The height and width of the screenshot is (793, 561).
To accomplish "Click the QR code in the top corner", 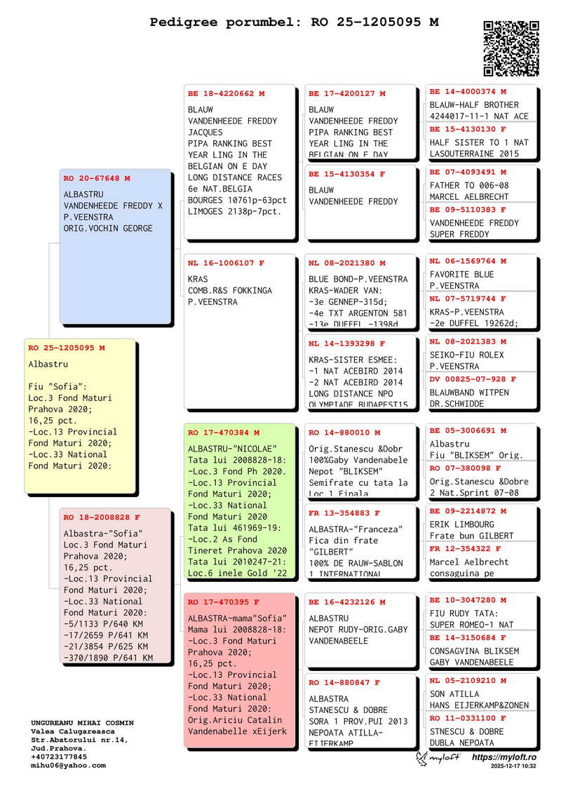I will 511,48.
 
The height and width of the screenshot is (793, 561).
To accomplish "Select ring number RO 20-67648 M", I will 97,179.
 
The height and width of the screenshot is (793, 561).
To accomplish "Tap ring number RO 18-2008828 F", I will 97,517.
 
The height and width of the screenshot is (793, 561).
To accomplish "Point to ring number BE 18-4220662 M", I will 227,93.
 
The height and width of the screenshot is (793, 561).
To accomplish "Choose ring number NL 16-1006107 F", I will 227,264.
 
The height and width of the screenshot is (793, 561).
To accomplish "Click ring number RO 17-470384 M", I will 224,433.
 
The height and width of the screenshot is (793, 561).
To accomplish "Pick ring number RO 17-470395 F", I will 224,602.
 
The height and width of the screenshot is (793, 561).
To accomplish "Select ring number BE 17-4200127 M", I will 347,93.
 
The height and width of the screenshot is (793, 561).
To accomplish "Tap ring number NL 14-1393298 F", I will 347,344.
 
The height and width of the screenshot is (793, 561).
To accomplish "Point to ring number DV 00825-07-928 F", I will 473,379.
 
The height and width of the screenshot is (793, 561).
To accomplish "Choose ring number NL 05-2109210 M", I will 468,681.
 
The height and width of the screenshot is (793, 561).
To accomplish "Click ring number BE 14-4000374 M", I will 468,92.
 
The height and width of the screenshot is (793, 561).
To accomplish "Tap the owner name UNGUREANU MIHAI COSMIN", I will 82,723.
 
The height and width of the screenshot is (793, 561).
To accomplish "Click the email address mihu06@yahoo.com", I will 68,766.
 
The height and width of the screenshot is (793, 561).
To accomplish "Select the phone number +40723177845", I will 59,757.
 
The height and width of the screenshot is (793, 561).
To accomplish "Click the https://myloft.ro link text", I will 504,758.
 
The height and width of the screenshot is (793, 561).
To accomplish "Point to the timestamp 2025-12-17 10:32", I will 513,767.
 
